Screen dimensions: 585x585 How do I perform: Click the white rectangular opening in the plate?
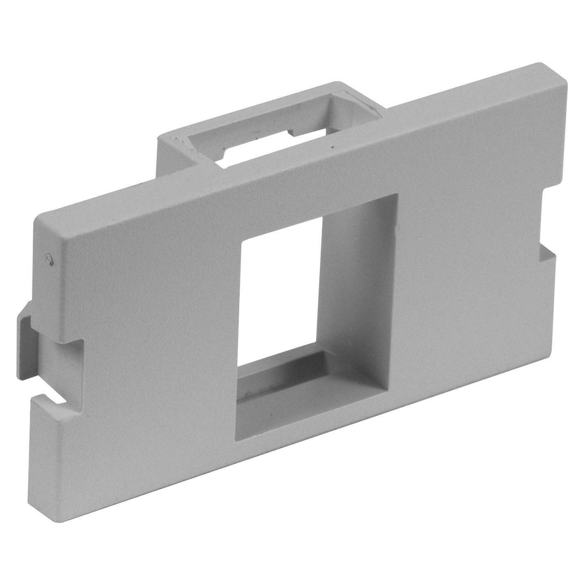coord(279,291)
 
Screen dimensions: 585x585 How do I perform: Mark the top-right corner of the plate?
coord(563,69)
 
